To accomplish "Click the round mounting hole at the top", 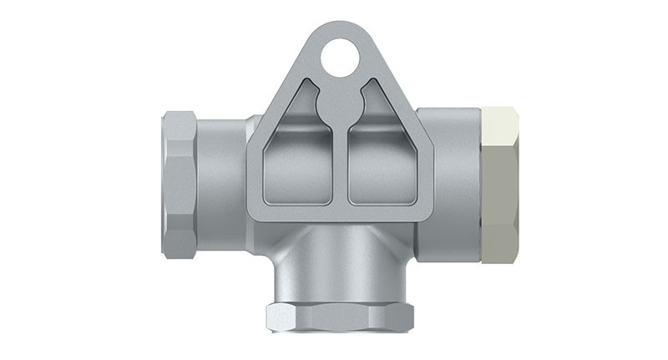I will (x=340, y=58).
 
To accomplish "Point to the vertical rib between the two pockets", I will (x=341, y=167).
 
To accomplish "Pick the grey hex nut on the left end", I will (x=179, y=184).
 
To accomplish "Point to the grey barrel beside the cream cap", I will (x=455, y=184).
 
